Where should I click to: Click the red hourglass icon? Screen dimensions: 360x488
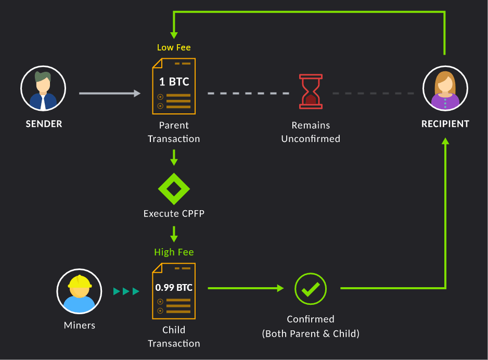[x=311, y=92]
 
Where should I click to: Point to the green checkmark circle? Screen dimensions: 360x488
[x=311, y=289]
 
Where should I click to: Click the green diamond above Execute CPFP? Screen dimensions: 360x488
[x=174, y=188]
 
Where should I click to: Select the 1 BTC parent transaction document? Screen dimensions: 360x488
[x=174, y=86]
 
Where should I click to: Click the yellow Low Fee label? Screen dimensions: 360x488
[x=174, y=47]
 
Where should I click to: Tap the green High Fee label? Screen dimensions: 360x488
[x=174, y=252]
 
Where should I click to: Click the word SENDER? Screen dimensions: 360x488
[x=44, y=124]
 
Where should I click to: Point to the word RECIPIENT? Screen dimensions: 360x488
[x=445, y=124]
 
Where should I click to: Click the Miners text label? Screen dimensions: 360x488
[x=80, y=325]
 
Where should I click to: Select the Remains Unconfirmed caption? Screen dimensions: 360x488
[x=311, y=132]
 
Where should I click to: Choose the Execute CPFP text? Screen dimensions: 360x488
[x=174, y=213]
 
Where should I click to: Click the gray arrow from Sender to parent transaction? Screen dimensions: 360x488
[x=110, y=94]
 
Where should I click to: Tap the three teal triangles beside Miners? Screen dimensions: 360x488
[x=126, y=291]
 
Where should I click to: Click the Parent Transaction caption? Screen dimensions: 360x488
[x=174, y=132]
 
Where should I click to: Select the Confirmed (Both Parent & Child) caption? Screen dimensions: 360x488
[x=311, y=326]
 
